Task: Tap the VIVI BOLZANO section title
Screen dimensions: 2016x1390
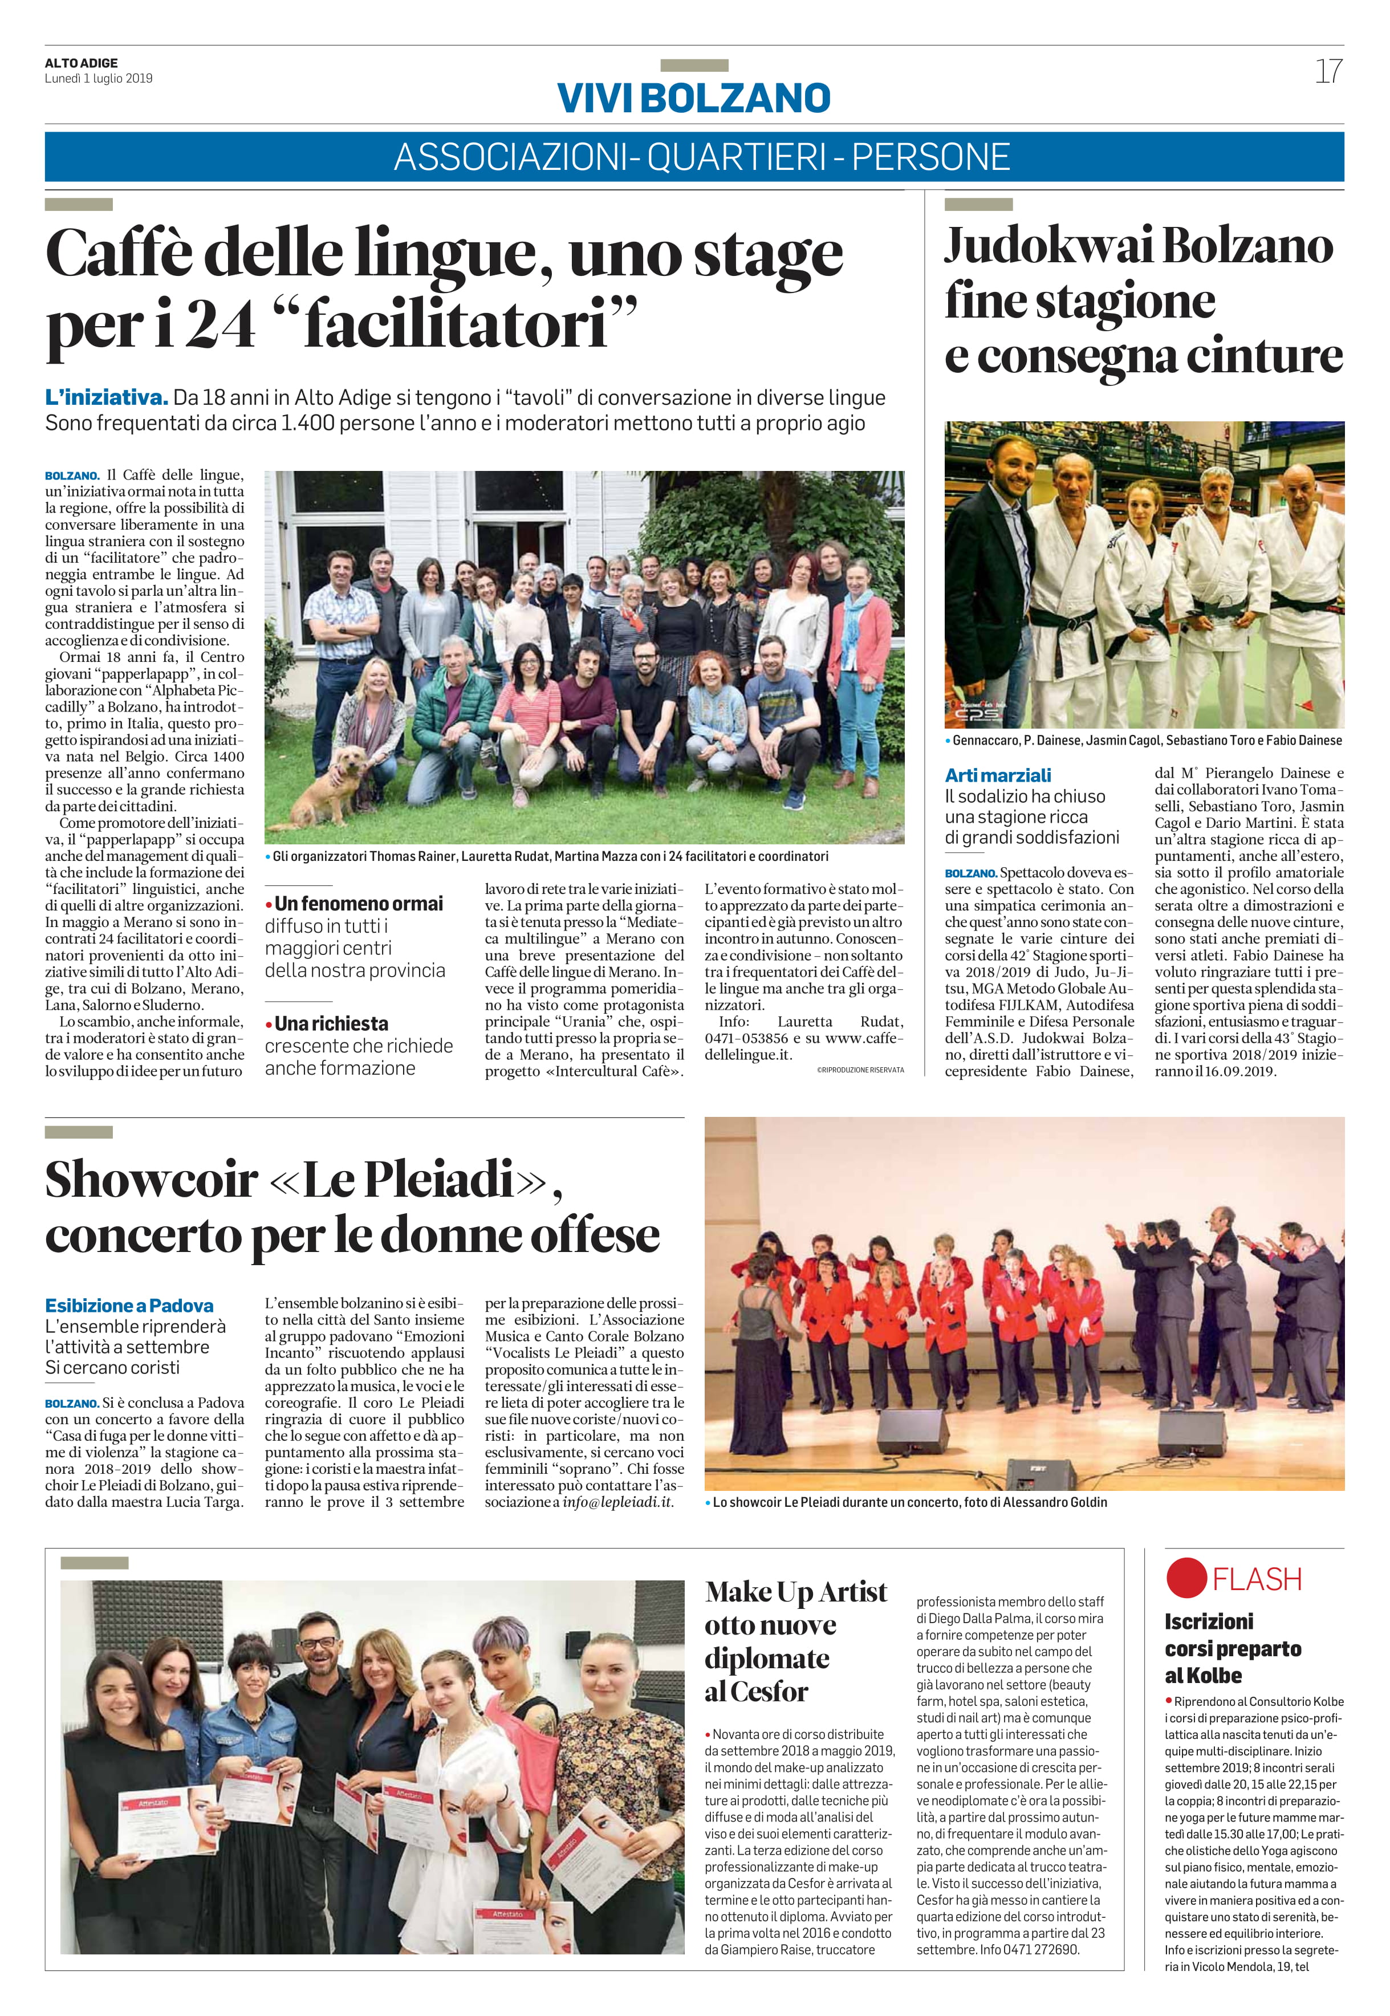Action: point(694,97)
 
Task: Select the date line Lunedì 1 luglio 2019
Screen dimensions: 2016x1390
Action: point(99,78)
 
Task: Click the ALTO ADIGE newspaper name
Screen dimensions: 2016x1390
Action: point(81,63)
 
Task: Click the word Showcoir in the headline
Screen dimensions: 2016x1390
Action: point(152,1180)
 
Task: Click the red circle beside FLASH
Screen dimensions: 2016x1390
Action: point(1186,1578)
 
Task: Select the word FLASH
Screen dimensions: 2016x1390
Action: point(1257,1579)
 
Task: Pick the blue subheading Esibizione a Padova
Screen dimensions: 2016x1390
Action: point(129,1306)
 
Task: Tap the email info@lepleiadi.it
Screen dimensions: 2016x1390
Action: point(617,1502)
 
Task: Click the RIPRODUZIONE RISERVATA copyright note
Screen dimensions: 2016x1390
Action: point(860,1070)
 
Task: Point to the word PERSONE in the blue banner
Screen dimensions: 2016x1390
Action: point(930,157)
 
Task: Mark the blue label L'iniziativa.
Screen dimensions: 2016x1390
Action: point(105,398)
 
